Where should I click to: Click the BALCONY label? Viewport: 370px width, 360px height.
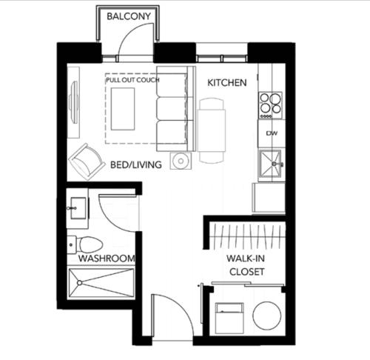[x=129, y=16]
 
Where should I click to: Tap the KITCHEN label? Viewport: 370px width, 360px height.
[x=227, y=83]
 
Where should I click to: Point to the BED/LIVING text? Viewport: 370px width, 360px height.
[x=136, y=164]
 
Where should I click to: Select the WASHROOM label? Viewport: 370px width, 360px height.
[x=107, y=259]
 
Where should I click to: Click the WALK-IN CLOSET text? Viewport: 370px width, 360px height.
[x=246, y=265]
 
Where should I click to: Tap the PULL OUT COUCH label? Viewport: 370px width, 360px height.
[x=132, y=80]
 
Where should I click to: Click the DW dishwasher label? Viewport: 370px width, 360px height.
[x=272, y=133]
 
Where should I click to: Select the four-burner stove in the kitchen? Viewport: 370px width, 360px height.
[x=270, y=105]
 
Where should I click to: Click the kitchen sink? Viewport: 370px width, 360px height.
[x=271, y=163]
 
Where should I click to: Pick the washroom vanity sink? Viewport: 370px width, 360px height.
[x=78, y=208]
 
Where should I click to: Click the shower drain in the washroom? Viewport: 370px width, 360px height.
[x=79, y=283]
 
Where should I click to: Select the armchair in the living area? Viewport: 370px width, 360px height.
[x=86, y=161]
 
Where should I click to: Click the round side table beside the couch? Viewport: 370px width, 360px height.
[x=181, y=161]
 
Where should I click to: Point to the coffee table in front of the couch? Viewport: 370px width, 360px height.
[x=123, y=109]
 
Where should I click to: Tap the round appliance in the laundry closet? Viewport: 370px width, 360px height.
[x=267, y=316]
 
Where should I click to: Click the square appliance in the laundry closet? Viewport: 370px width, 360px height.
[x=229, y=318]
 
